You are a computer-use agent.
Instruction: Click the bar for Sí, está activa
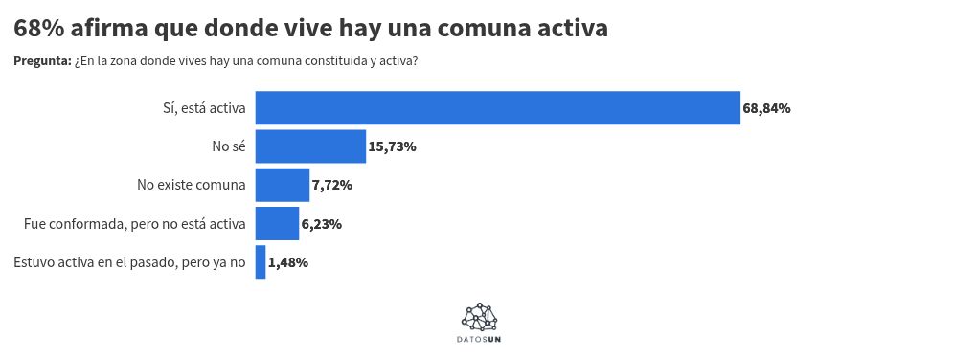(497, 108)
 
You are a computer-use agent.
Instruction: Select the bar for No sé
(310, 146)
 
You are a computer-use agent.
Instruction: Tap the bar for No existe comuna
(283, 185)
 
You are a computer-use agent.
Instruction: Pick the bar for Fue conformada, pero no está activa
(277, 224)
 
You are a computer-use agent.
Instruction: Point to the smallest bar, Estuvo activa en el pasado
(261, 262)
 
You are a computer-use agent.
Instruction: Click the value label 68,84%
(766, 108)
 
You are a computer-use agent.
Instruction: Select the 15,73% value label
(392, 146)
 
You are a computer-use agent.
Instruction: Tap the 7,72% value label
(331, 185)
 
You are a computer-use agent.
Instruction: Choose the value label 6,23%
(321, 224)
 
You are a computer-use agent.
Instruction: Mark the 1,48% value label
(288, 262)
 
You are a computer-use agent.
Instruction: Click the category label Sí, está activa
(204, 108)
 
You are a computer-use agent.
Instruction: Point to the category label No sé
(229, 146)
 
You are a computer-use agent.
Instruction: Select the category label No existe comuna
(192, 185)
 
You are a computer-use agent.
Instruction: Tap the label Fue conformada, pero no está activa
(135, 224)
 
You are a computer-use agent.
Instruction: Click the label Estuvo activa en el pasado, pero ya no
(130, 262)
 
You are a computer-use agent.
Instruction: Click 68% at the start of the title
(39, 29)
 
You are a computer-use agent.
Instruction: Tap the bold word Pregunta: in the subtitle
(42, 61)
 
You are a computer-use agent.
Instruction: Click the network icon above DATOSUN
(480, 317)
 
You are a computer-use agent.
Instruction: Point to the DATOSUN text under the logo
(479, 340)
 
